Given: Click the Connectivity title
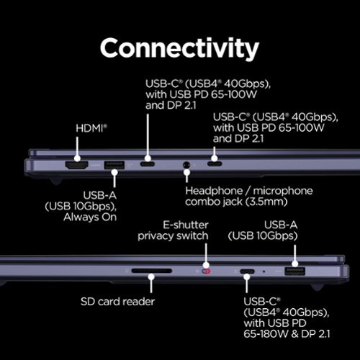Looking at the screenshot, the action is pyautogui.click(x=179, y=48).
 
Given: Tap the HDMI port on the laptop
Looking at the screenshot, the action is pyautogui.click(x=77, y=166).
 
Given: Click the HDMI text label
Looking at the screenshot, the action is pyautogui.click(x=91, y=128).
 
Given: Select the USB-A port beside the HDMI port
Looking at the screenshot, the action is pyautogui.click(x=114, y=166).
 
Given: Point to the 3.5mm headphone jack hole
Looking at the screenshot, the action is pyautogui.click(x=186, y=165).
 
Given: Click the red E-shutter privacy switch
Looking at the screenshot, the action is pyautogui.click(x=206, y=271).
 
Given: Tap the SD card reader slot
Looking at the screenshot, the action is pyautogui.click(x=152, y=271).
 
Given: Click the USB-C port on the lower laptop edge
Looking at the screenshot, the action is pyautogui.click(x=247, y=271).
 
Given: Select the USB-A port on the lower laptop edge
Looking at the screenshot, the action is pyautogui.click(x=294, y=271).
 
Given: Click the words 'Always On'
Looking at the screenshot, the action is pyautogui.click(x=90, y=217).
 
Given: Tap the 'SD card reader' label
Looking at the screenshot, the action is pyautogui.click(x=117, y=302).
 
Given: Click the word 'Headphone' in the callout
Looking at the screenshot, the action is pyautogui.click(x=214, y=191).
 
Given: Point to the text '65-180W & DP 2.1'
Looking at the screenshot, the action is pyautogui.click(x=287, y=334).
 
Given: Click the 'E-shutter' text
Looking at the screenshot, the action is pyautogui.click(x=186, y=225).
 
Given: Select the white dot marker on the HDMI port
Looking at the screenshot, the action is pyautogui.click(x=77, y=158).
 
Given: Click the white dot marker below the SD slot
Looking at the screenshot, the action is pyautogui.click(x=151, y=277).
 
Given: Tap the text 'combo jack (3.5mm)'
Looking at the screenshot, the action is pyautogui.click(x=236, y=202).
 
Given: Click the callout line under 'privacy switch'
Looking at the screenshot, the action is pyautogui.click(x=206, y=253).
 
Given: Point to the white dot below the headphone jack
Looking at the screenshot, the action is pyautogui.click(x=186, y=172).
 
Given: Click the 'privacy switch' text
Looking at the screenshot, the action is pyautogui.click(x=173, y=236).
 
